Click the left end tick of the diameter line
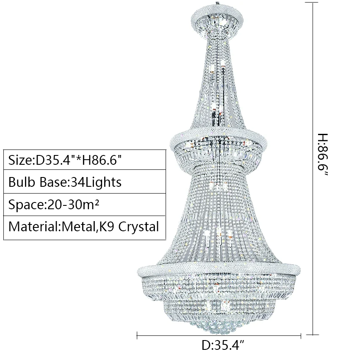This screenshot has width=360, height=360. (x=137, y=337)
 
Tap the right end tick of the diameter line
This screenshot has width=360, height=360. (x=301, y=337)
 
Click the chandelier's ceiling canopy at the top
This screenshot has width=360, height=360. (x=218, y=19)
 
